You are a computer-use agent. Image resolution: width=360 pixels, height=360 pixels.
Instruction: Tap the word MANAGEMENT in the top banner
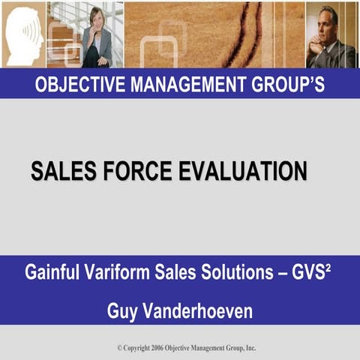click(187, 85)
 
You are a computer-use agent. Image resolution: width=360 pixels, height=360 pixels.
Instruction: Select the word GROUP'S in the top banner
click(289, 85)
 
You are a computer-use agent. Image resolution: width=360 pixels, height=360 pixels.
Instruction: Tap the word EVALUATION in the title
click(241, 171)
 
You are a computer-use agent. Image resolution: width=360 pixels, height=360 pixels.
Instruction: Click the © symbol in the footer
click(119, 348)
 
